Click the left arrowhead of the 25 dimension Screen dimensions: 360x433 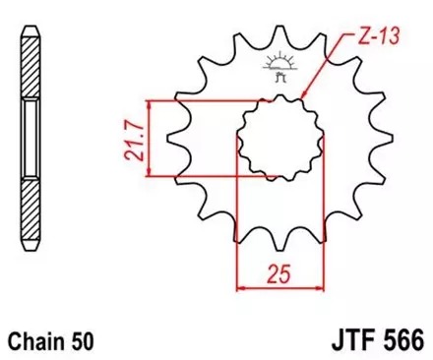click(242, 287)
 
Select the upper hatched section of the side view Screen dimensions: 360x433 click(33, 69)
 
